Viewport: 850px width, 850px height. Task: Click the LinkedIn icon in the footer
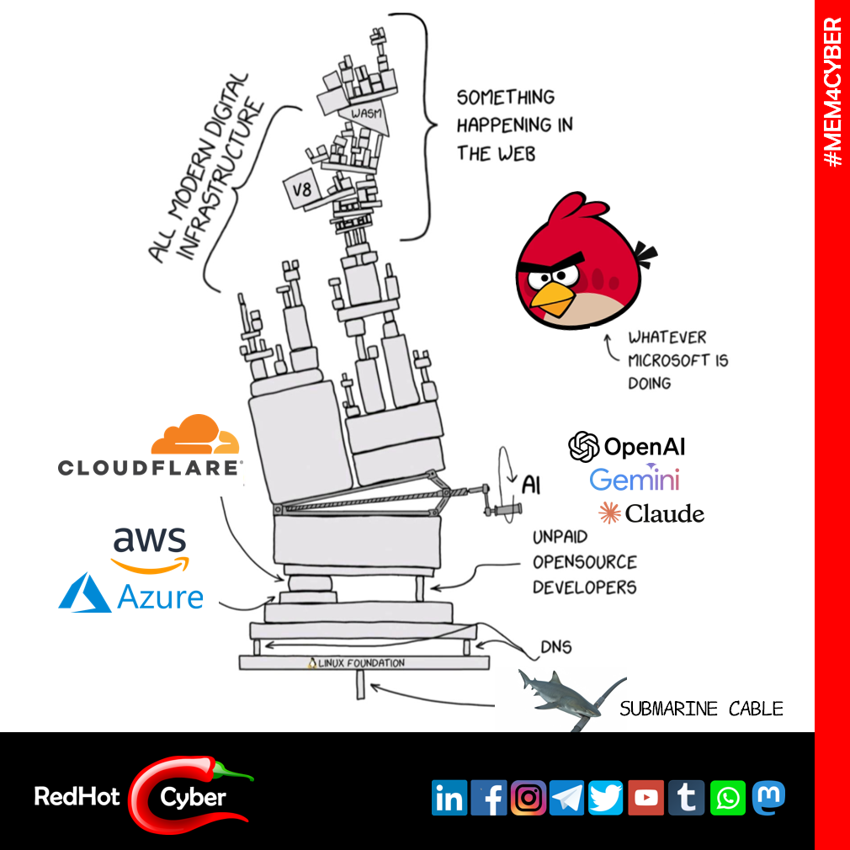pos(449,798)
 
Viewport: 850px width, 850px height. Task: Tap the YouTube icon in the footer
pos(646,798)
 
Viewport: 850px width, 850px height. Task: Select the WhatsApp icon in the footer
pos(727,798)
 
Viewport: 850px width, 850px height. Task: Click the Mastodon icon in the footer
pos(768,796)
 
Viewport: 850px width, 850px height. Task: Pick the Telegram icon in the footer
pos(566,798)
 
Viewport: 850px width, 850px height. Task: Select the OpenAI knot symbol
pos(584,447)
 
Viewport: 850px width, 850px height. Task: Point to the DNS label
pos(555,647)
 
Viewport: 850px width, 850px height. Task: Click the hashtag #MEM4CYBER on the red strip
pos(832,92)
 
